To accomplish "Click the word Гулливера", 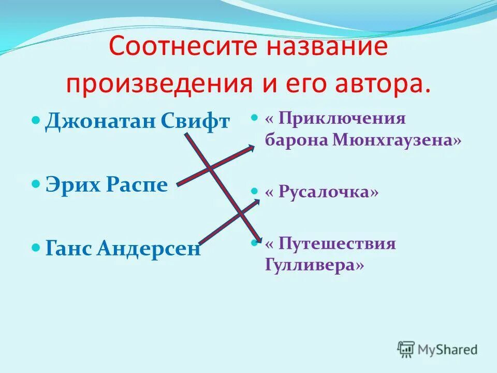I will coord(314,265).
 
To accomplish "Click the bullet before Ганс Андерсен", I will coord(36,248).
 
